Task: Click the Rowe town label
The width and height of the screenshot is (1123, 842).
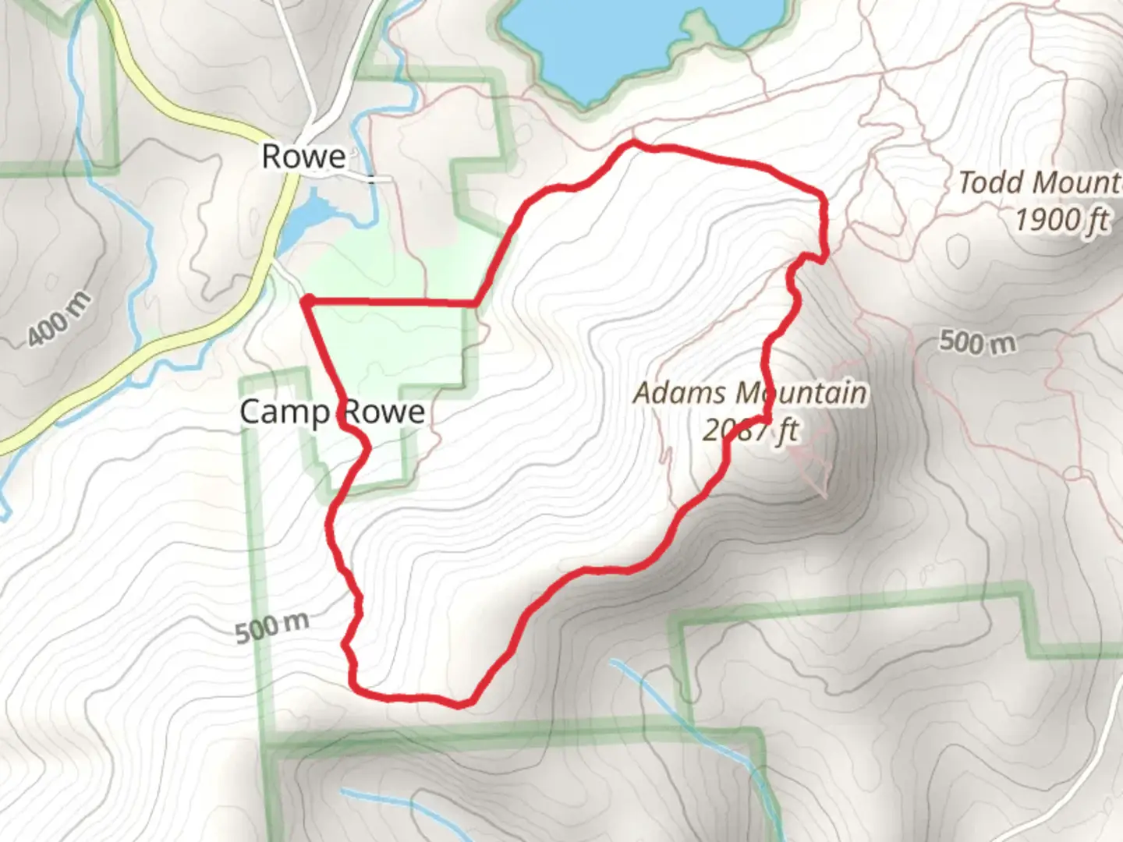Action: pos(303,157)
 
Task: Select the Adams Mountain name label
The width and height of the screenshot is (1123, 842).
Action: pos(749,393)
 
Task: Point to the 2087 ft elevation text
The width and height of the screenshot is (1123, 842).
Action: pos(749,430)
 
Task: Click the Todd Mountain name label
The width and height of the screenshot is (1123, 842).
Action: pos(1040,183)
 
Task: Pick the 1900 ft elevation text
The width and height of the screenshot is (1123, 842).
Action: pos(1061,220)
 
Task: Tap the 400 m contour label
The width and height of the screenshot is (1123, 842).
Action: pos(58,320)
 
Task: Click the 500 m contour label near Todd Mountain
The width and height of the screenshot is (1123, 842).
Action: pos(977,341)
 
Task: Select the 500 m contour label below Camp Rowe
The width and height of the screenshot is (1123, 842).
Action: pos(272,627)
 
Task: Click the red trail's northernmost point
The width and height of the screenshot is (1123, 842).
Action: pos(632,143)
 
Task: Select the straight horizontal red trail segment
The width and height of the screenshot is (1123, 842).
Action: pos(390,301)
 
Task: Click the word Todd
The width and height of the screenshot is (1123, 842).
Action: pos(990,183)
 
